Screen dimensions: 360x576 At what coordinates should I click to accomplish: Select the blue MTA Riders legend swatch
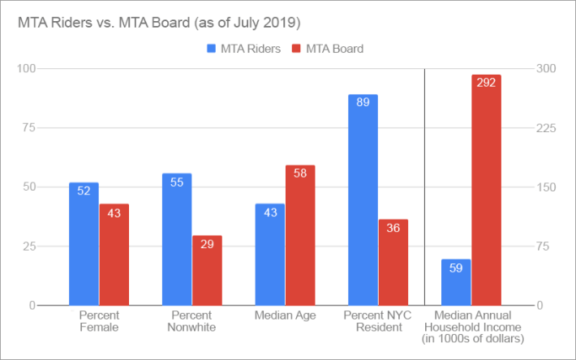point(213,49)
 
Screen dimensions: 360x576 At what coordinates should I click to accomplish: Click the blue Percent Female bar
point(84,243)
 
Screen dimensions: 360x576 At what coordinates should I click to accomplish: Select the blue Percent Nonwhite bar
point(177,239)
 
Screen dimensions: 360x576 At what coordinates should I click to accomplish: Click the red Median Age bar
point(300,235)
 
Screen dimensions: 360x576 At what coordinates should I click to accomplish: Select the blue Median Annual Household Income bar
point(456,282)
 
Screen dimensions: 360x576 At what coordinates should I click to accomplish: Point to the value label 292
point(487,83)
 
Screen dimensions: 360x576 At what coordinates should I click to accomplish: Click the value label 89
point(363,102)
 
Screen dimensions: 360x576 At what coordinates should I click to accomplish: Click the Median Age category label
point(285,315)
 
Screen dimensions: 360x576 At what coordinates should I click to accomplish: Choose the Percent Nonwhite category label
point(191,321)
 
